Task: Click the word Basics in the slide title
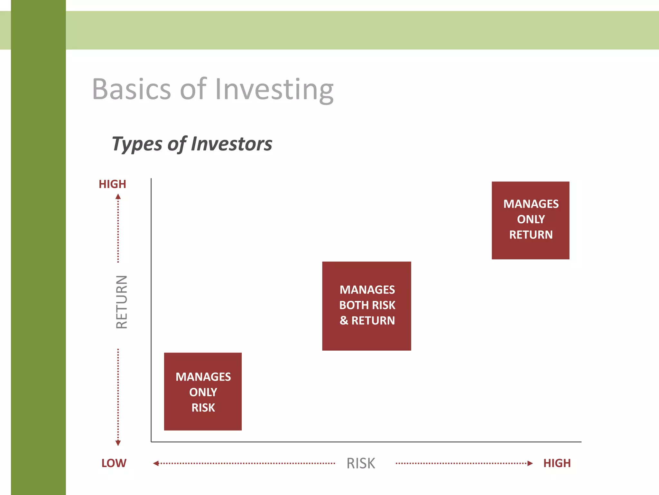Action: pos(131,89)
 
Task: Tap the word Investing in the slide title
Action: pos(274,90)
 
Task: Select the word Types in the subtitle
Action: pos(136,144)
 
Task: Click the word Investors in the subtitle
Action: pos(232,144)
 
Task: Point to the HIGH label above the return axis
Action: pos(112,184)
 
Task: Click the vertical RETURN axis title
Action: pos(122,302)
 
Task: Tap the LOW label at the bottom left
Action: pos(114,463)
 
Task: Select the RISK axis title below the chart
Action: pos(361,463)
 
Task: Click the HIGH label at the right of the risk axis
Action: pos(557,463)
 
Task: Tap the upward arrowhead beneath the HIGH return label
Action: pos(118,197)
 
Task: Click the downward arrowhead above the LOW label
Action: pos(118,443)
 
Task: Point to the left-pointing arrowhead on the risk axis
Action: pos(156,463)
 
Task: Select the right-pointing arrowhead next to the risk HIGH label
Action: pos(530,463)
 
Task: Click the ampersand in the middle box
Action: pos(344,320)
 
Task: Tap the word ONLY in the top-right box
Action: pos(531,219)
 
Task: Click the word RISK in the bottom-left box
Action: pos(203,408)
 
